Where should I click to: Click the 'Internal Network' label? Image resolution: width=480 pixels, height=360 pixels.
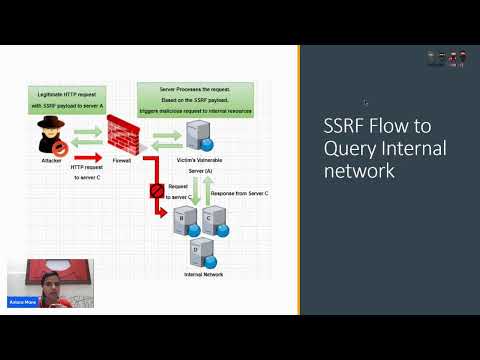coord(203,273)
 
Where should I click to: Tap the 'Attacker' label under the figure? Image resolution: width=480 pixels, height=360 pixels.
coord(52,158)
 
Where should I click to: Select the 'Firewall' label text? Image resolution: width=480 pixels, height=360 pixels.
coord(123,158)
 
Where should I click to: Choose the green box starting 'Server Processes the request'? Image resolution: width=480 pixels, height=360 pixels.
coord(195,100)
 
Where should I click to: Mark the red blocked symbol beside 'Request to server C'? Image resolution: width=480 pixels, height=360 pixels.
coord(156,190)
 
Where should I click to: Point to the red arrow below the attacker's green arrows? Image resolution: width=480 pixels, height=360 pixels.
coord(87,156)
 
